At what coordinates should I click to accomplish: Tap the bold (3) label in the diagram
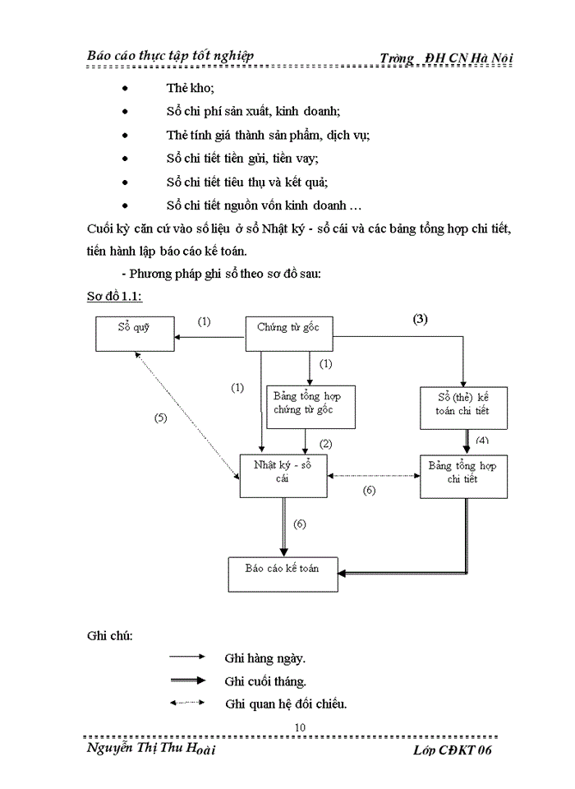pyautogui.click(x=420, y=317)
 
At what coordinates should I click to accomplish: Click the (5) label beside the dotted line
pyautogui.click(x=161, y=418)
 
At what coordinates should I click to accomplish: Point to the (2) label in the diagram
pyautogui.click(x=325, y=444)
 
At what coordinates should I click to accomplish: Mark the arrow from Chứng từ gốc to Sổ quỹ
pyautogui.click(x=210, y=335)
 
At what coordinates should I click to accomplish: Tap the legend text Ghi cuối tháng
pyautogui.click(x=264, y=681)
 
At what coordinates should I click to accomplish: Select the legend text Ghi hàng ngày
pyautogui.click(x=264, y=657)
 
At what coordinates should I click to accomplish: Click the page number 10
pyautogui.click(x=299, y=727)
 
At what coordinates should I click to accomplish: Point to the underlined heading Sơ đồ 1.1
pyautogui.click(x=116, y=295)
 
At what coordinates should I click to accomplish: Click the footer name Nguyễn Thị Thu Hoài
pyautogui.click(x=151, y=750)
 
